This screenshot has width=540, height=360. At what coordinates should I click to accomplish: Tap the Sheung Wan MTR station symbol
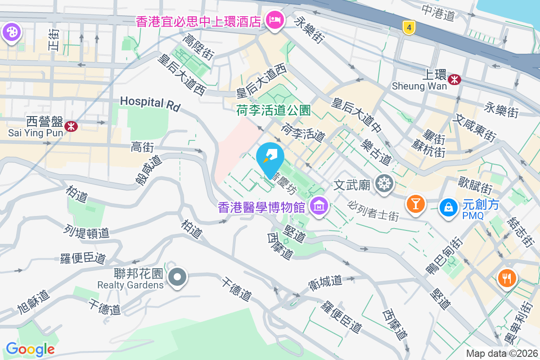(455, 79)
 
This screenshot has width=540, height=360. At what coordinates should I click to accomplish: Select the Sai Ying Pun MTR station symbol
(71, 126)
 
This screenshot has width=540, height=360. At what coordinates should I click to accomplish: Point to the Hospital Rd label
(150, 103)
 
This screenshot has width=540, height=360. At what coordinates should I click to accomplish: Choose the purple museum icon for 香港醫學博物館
(319, 207)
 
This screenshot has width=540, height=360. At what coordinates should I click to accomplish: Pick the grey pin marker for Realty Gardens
(177, 277)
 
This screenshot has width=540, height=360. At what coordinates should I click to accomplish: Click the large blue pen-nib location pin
(270, 157)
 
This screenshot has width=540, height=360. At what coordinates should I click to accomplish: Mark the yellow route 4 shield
(409, 28)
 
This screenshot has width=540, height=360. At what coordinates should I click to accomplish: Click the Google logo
(30, 349)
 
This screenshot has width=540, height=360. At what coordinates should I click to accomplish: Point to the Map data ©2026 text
(501, 353)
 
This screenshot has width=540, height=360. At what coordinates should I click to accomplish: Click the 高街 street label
(143, 147)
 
